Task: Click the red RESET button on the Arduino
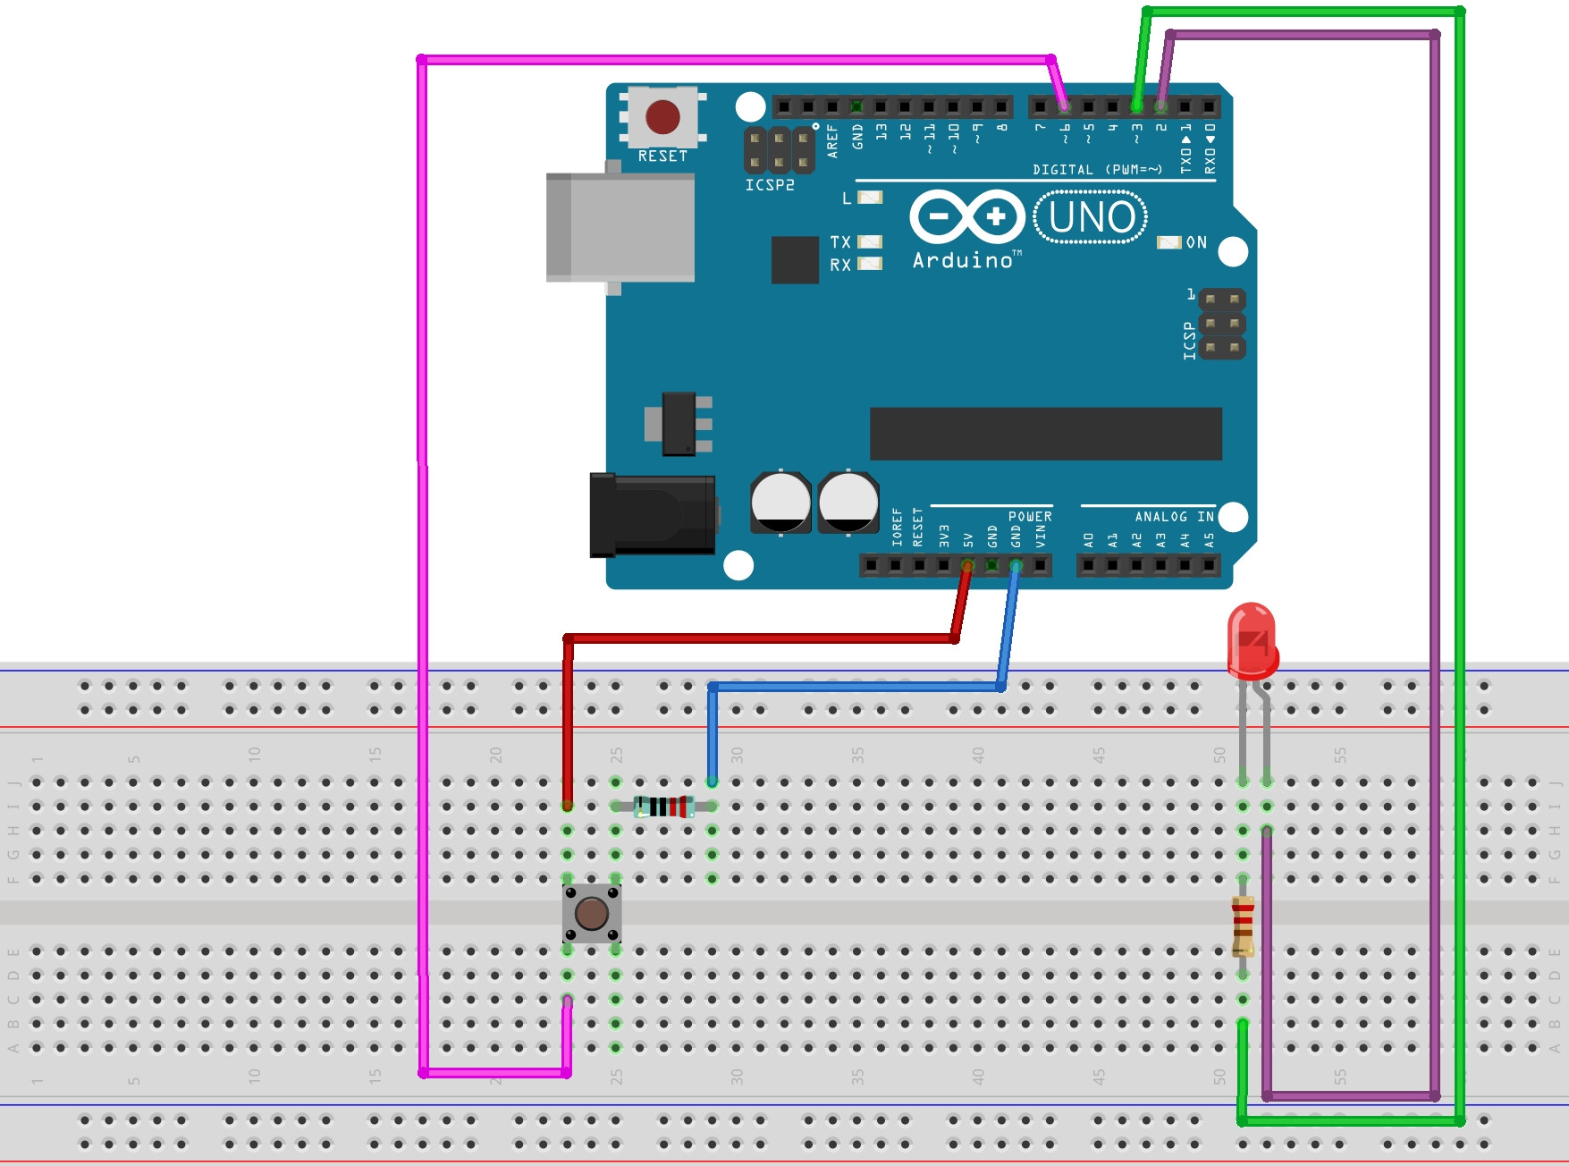tap(662, 117)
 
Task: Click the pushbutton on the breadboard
tap(592, 913)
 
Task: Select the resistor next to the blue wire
tap(664, 807)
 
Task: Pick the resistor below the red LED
tap(1243, 926)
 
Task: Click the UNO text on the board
tap(1092, 217)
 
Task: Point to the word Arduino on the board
tap(963, 261)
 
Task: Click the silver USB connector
tap(620, 227)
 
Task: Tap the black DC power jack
tap(653, 515)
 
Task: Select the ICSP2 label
tap(770, 185)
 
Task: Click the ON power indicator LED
tap(1168, 242)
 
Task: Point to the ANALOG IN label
tap(1174, 517)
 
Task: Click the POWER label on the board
tap(1030, 517)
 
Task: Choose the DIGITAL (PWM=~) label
tap(1097, 170)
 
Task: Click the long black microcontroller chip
tap(1045, 434)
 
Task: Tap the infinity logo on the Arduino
tap(966, 216)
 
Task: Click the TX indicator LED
tap(869, 241)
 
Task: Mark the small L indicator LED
tap(869, 198)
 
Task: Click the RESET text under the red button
tap(662, 156)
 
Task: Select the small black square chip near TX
tap(795, 259)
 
